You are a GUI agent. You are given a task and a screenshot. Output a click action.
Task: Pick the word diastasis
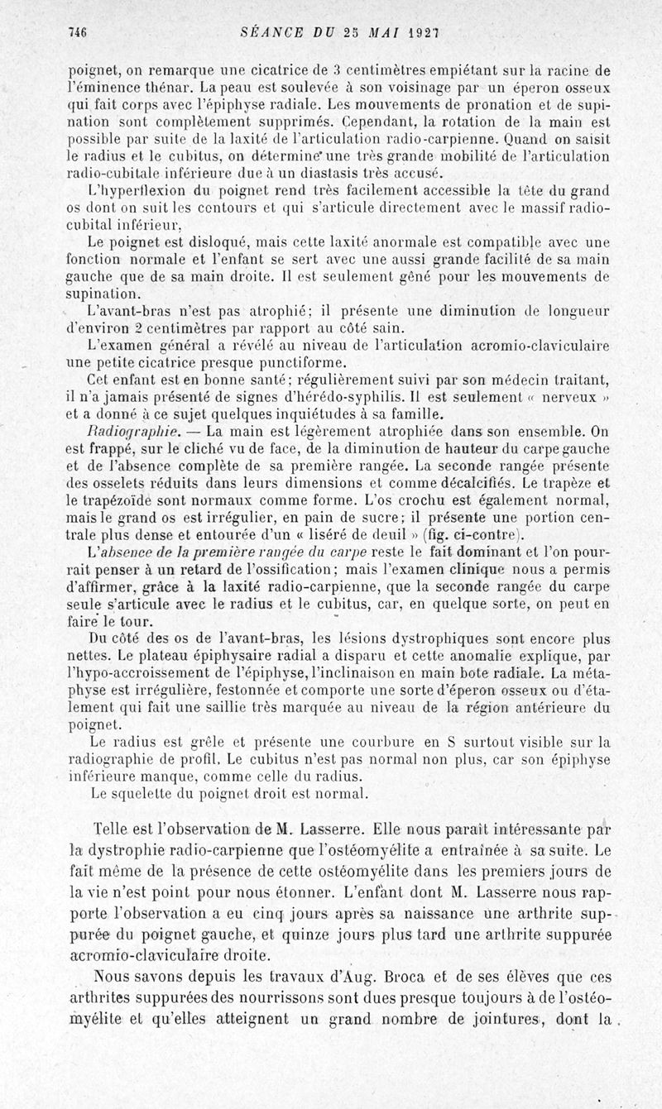tap(333, 173)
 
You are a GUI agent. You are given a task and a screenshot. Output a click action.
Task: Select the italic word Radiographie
tap(134, 432)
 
